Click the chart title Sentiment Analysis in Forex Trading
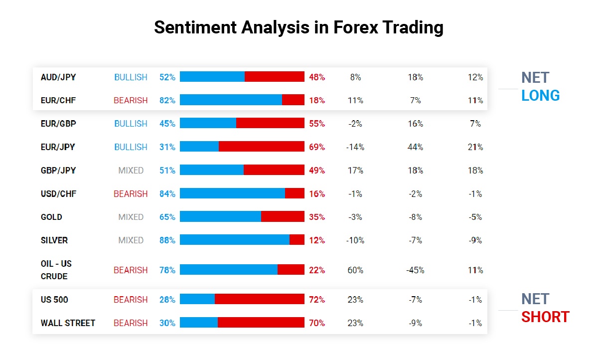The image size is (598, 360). [x=299, y=27]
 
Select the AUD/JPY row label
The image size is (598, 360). [x=58, y=77]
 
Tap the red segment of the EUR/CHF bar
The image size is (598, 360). [x=293, y=100]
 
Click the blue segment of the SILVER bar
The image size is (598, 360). [x=234, y=240]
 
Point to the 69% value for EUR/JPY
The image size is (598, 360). [x=317, y=147]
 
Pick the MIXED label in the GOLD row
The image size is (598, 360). [x=131, y=217]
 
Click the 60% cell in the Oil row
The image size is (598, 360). [x=355, y=270]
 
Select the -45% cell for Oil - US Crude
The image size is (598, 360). [x=415, y=270]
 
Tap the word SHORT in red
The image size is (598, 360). [x=545, y=317]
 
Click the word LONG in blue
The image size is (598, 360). [x=541, y=95]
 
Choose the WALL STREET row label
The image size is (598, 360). [x=68, y=323]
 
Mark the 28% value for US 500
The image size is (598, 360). [x=167, y=300]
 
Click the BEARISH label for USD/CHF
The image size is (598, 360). [x=131, y=193]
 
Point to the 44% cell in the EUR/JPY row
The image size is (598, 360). [x=415, y=147]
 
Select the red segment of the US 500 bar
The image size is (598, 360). [x=259, y=299]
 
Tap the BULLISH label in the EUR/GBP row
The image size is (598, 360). [x=131, y=124]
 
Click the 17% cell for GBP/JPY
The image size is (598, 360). [x=355, y=171]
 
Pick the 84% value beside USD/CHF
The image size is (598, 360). [x=167, y=193]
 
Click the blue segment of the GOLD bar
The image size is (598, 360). [x=220, y=216]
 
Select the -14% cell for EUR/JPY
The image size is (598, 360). [x=355, y=147]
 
